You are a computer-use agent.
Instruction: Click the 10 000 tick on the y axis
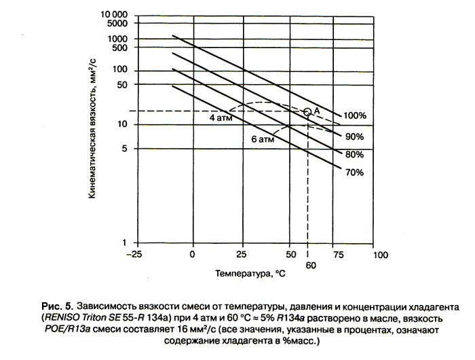point(114,14)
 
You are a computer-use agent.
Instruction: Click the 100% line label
point(354,115)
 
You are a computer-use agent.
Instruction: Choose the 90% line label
point(355,136)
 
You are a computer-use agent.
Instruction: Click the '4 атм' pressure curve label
point(221,117)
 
